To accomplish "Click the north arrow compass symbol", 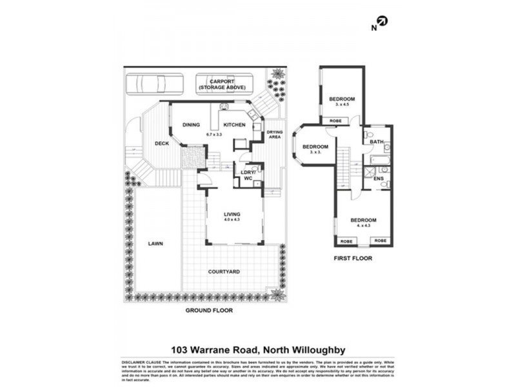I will pyautogui.click(x=382, y=22).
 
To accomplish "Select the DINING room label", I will pyautogui.click(x=191, y=125).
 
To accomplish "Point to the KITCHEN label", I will pyautogui.click(x=233, y=125).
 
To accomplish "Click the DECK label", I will pyautogui.click(x=161, y=143).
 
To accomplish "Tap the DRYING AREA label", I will pyautogui.click(x=275, y=134).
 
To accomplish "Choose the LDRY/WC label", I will pyautogui.click(x=248, y=175).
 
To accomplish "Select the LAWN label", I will pyautogui.click(x=155, y=244).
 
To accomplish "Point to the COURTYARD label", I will pyautogui.click(x=224, y=272).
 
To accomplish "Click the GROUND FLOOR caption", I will pyautogui.click(x=209, y=310).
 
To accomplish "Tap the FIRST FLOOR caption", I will pyautogui.click(x=353, y=258).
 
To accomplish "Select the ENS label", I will pyautogui.click(x=379, y=178).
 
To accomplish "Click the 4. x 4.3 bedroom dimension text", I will pyautogui.click(x=363, y=226).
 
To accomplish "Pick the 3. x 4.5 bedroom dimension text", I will pyautogui.click(x=339, y=104).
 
